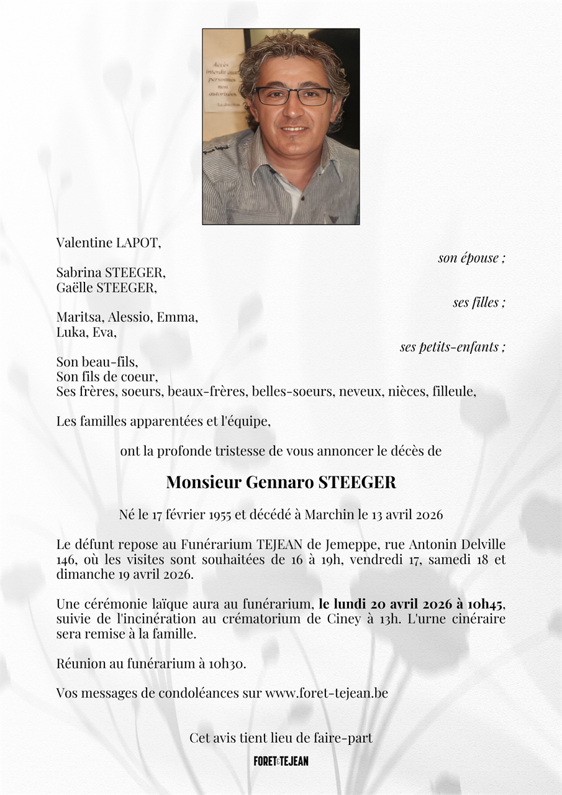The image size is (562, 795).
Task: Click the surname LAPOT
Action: tap(138, 243)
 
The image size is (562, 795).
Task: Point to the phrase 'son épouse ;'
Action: tap(471, 258)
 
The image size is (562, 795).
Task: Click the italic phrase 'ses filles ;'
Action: tap(479, 302)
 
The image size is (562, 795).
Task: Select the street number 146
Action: tap(66, 560)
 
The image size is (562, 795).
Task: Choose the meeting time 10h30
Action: tap(226, 663)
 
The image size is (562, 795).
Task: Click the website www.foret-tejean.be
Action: tap(326, 693)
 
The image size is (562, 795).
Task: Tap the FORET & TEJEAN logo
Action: tap(281, 761)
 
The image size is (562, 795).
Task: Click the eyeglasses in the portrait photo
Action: tap(292, 96)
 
